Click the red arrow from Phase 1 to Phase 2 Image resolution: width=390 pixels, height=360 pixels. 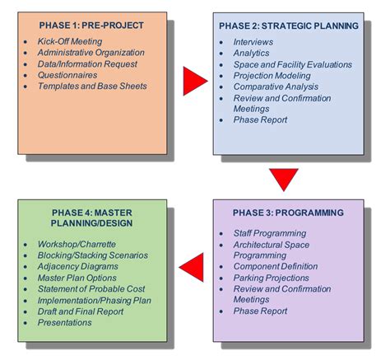coord(193,81)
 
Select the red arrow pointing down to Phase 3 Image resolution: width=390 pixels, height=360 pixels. coord(284,179)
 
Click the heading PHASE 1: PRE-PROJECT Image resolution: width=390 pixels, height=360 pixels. coord(91,26)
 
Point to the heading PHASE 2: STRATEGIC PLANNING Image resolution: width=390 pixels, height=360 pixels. coord(289,26)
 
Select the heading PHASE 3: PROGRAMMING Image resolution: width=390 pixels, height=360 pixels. coord(288,213)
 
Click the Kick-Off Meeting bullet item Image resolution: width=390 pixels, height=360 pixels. coord(70,41)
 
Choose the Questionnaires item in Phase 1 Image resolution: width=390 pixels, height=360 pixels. coord(67,75)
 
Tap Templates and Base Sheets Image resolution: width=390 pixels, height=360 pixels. coord(92,86)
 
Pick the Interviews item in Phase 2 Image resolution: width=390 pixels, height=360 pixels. coord(253,42)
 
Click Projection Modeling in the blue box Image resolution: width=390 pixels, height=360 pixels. coord(272,76)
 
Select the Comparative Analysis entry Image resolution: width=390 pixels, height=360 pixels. coord(276,86)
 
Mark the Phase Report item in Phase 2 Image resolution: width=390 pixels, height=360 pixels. coord(260,119)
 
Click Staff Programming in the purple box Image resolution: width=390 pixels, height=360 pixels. coord(270,233)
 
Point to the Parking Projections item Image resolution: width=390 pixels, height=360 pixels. coord(272,278)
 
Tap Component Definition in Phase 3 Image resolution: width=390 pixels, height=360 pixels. coord(276,266)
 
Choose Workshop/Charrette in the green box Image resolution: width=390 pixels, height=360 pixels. coord(77,244)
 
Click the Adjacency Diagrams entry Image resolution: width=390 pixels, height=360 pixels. coord(78,266)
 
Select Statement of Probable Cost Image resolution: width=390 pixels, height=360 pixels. coord(91,289)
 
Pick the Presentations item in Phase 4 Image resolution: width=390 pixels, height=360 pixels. coord(65,322)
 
